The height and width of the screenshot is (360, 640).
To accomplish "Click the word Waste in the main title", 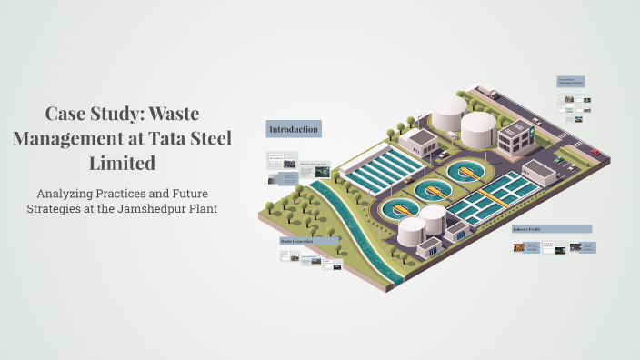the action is click(x=172, y=115).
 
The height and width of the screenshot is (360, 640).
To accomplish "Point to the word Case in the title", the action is click(x=65, y=115).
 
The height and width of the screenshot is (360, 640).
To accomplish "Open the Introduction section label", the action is click(x=293, y=129).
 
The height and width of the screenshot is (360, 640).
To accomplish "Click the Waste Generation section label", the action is click(x=297, y=242).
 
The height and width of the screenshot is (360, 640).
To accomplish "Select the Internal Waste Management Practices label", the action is click(x=570, y=82).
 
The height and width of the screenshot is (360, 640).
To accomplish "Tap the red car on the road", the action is click(x=595, y=152).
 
